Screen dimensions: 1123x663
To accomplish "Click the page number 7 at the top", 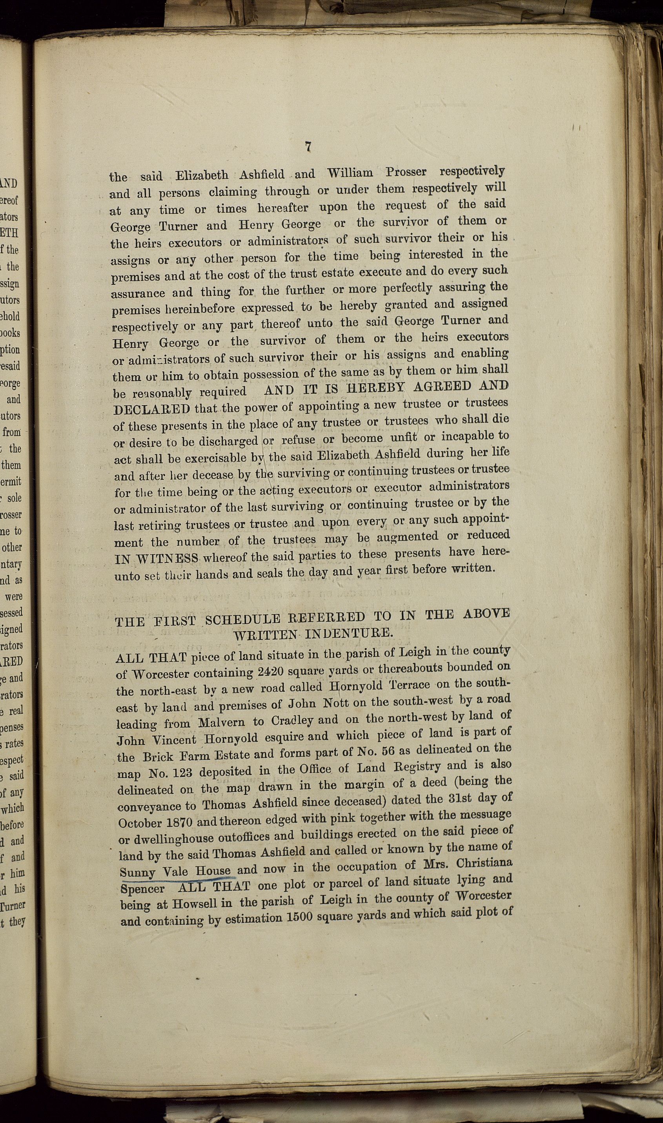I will point(308,147).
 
